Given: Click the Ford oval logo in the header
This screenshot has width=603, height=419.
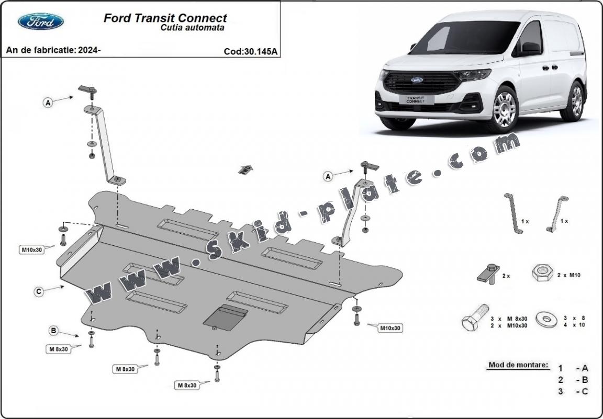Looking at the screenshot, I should click(40, 21).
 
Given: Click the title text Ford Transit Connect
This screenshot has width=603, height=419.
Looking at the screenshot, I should click(165, 18).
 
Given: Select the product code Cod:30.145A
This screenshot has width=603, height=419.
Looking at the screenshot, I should click(250, 51).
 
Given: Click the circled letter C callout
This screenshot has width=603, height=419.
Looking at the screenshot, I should click(39, 292).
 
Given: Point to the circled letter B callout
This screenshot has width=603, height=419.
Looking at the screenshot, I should click(53, 330).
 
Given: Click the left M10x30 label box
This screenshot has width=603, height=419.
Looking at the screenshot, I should click(31, 250).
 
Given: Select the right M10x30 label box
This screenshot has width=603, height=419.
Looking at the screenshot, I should click(390, 328).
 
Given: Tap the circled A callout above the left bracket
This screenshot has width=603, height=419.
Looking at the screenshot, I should click(48, 103).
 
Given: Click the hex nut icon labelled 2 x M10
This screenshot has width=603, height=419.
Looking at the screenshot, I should click(542, 273).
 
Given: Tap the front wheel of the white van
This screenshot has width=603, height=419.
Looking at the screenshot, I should click(505, 109).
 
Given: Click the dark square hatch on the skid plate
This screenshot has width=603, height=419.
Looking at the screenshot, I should click(225, 318).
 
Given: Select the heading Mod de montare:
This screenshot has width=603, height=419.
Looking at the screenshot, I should click(518, 365).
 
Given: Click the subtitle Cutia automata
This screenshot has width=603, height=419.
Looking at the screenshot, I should click(192, 28).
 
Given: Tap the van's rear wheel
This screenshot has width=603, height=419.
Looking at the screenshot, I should click(576, 100).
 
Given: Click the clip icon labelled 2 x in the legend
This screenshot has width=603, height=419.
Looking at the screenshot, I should click(488, 273).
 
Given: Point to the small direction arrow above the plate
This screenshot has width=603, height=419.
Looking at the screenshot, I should click(244, 169).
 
